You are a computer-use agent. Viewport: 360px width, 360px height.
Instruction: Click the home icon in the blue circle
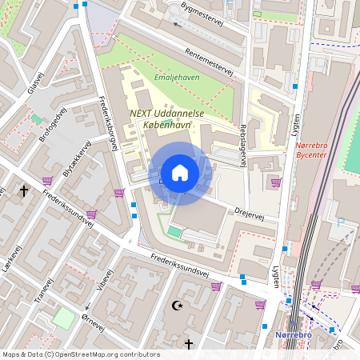point(180,173)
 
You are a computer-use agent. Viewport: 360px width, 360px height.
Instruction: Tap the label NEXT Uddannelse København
point(166,120)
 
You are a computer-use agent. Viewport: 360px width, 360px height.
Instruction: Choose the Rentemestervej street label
point(208,62)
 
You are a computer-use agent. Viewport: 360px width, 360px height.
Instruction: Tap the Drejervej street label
point(250,210)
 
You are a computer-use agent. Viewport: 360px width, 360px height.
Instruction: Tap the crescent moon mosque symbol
point(178,305)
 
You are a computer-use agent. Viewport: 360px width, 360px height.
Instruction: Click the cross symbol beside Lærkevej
point(24,191)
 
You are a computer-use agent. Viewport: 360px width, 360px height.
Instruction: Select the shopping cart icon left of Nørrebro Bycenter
point(276,182)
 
